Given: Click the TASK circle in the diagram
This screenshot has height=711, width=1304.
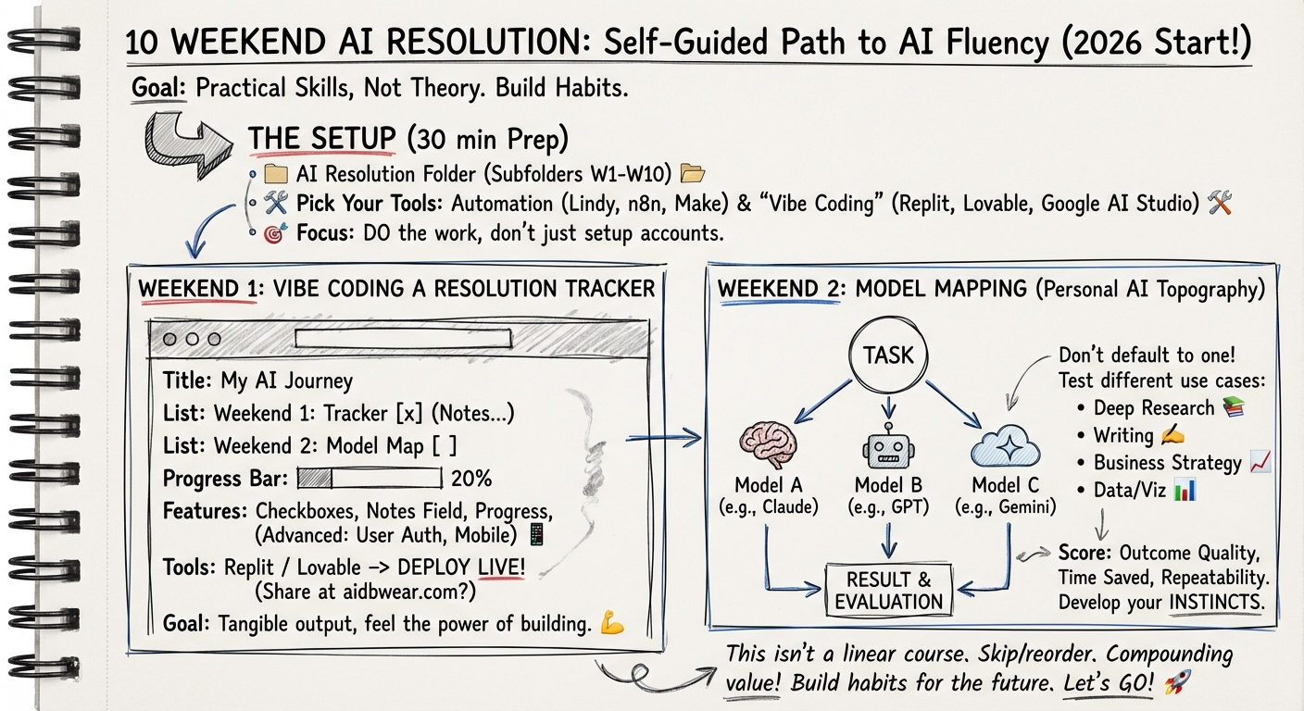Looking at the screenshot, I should [x=888, y=354].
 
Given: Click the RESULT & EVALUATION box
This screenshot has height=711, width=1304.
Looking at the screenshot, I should [x=888, y=591].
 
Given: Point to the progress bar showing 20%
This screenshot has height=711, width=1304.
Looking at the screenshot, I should [x=370, y=479].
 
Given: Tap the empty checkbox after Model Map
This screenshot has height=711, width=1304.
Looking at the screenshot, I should [x=445, y=446].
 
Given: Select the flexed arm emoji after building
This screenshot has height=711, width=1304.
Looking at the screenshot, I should [x=612, y=624].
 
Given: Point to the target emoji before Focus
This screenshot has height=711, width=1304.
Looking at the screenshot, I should [x=273, y=234].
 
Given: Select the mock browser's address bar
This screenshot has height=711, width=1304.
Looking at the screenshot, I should [x=403, y=339].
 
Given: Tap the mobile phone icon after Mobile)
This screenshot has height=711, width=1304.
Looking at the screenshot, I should [x=535, y=534].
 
